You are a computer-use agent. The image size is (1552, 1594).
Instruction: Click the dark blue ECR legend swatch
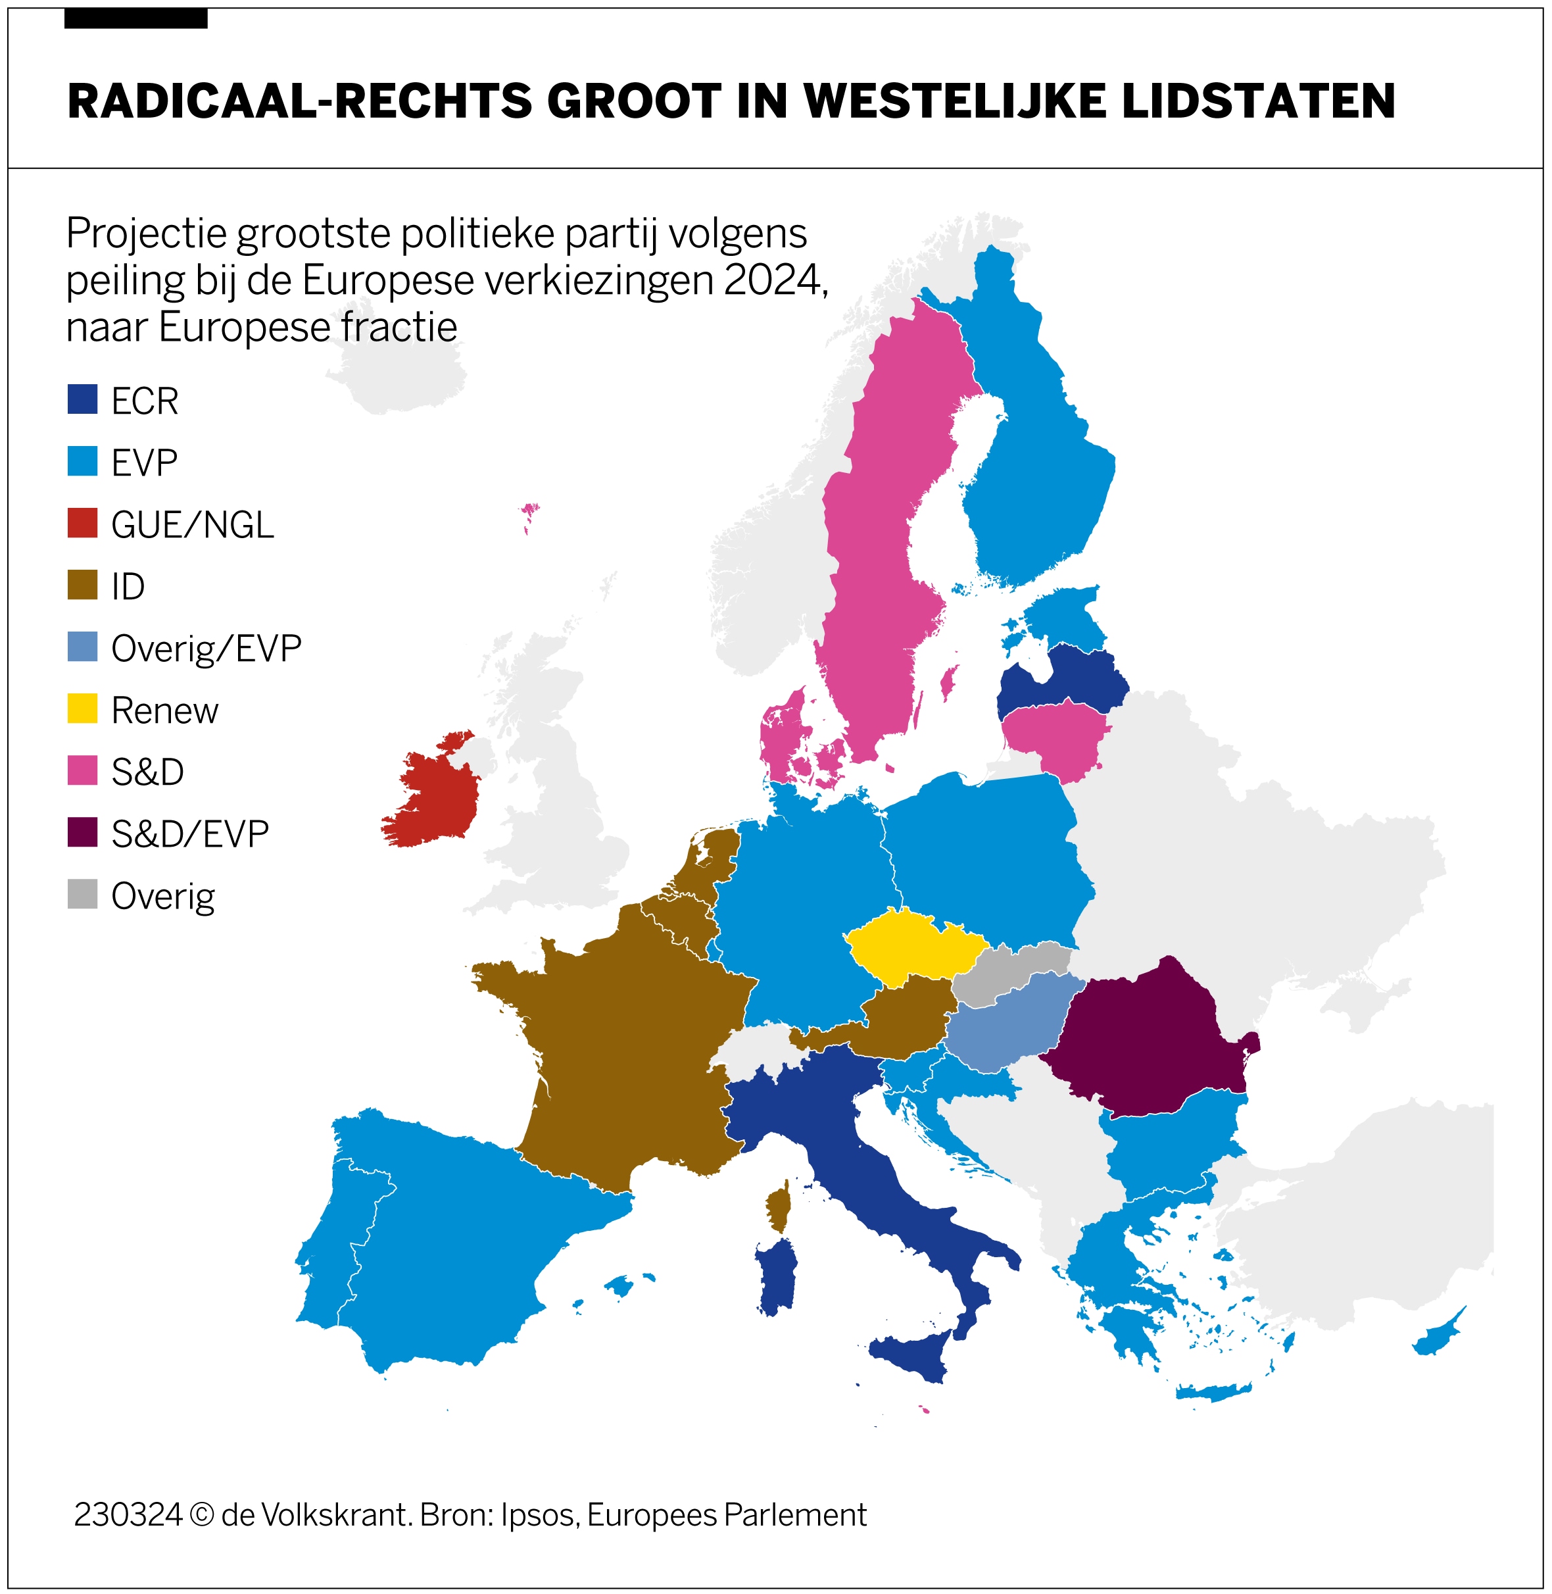[x=82, y=399]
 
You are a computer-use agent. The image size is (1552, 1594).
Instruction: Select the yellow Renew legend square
[x=82, y=709]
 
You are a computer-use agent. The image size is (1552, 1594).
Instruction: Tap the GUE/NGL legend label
[x=193, y=524]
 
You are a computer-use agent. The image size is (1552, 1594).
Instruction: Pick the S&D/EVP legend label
[x=190, y=834]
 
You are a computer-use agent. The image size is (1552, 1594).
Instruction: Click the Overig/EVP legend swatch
[x=82, y=647]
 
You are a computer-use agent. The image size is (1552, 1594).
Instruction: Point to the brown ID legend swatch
[x=82, y=585]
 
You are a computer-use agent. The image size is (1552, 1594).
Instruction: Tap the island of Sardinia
[x=777, y=1276]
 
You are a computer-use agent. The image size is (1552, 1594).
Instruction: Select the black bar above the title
[x=135, y=18]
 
